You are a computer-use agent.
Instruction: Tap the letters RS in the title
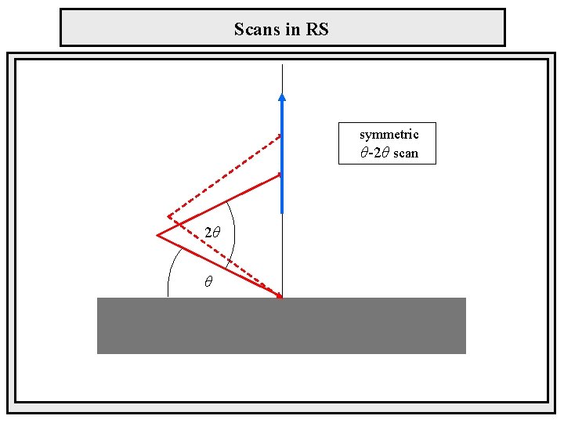pos(318,30)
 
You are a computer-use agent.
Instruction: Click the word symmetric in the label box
pos(389,135)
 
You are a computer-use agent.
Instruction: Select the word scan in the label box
pos(406,153)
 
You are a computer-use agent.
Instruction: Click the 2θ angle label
pos(212,233)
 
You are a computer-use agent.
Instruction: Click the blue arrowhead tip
pos(282,96)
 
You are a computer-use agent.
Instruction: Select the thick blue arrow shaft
pos(282,157)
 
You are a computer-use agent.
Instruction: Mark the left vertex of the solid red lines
pos(157,235)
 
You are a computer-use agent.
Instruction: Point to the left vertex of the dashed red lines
pos(168,217)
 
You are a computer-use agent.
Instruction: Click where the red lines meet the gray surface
pos(281,298)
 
